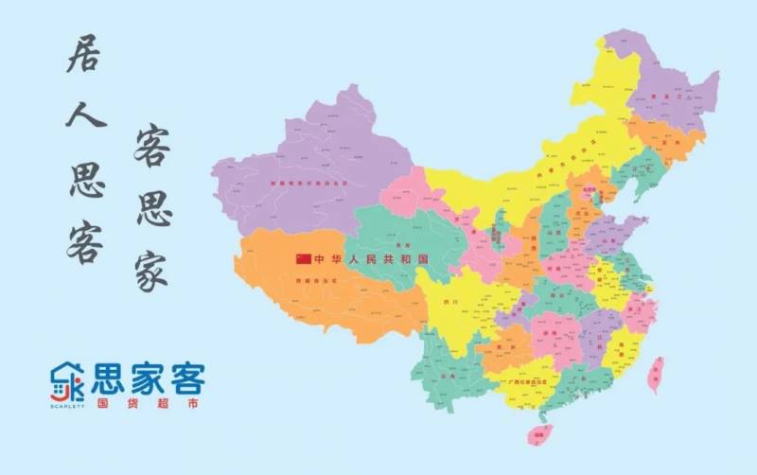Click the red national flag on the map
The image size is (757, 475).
pyautogui.click(x=303, y=258)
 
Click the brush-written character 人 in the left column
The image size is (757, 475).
pyautogui.click(x=85, y=116)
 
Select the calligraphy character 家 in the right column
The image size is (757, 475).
pyautogui.click(x=152, y=269)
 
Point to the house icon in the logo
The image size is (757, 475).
pyautogui.click(x=67, y=382)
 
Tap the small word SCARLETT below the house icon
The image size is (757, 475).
pyautogui.click(x=67, y=405)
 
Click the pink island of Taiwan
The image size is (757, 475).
pyautogui.click(x=654, y=375)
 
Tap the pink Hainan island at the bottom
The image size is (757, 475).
pyautogui.click(x=540, y=435)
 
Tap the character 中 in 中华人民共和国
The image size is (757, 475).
pyautogui.click(x=320, y=258)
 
